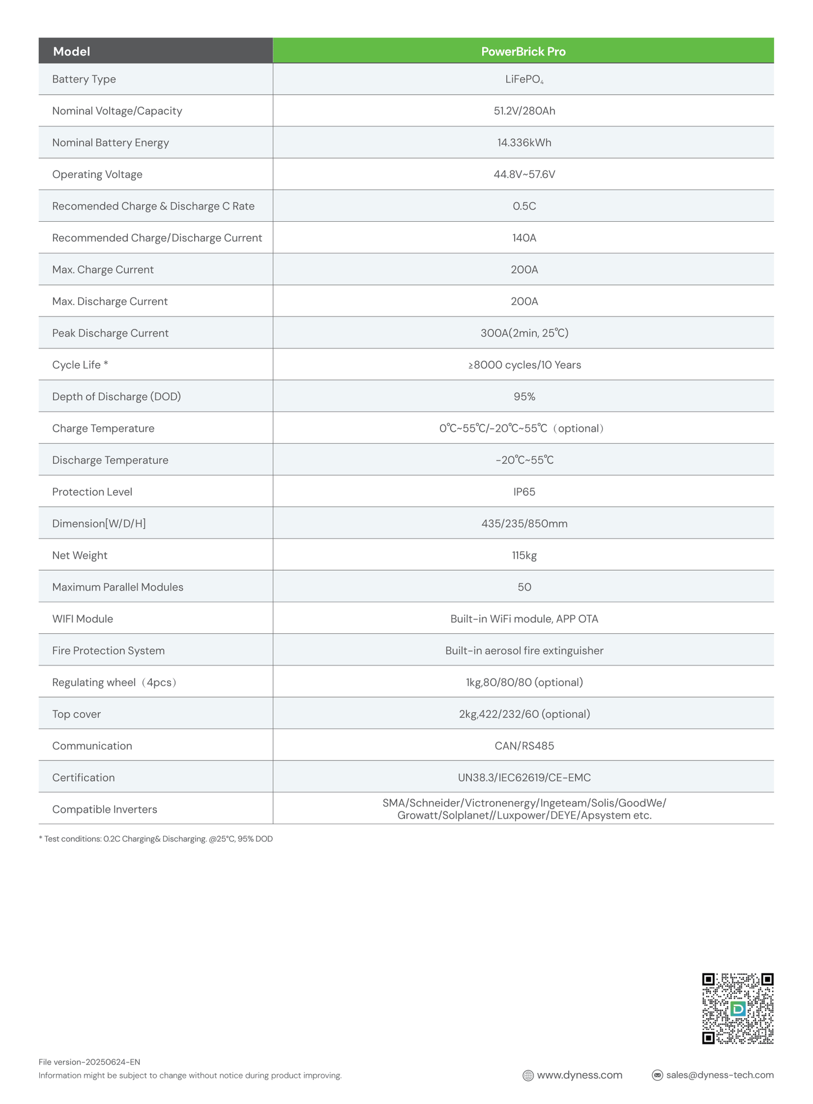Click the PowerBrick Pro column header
click(x=523, y=51)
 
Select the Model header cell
click(x=71, y=51)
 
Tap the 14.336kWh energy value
click(x=524, y=142)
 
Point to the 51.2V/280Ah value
click(x=524, y=111)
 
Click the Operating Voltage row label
click(x=97, y=175)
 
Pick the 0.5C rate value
click(x=524, y=206)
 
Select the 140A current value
click(x=524, y=238)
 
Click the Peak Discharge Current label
click(x=110, y=333)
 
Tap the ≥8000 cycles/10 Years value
click(x=524, y=365)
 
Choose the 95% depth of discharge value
click(x=524, y=396)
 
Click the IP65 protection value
click(x=524, y=492)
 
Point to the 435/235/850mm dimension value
click(x=524, y=524)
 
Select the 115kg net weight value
click(x=524, y=555)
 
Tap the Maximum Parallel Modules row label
click(x=118, y=587)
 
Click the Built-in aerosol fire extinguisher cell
click(x=524, y=651)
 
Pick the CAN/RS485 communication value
click(x=524, y=746)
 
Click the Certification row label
click(x=83, y=777)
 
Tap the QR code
click(x=737, y=1008)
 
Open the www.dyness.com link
click(x=579, y=1075)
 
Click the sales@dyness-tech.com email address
click(x=719, y=1075)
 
